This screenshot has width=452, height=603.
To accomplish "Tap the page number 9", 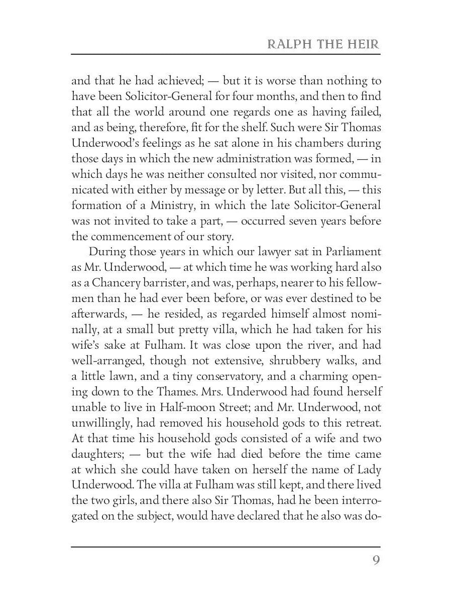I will point(375,559).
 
